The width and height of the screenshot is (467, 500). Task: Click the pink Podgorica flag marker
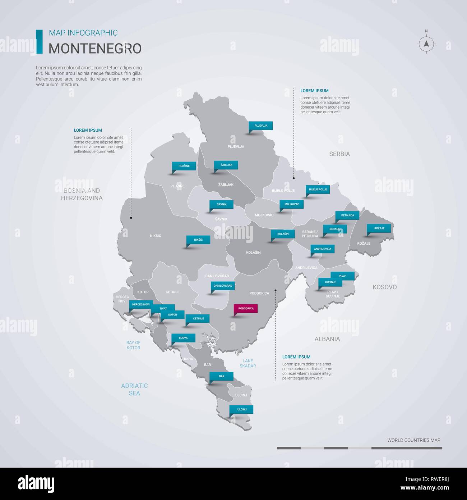click(x=246, y=309)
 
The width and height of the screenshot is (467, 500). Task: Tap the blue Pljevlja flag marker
click(x=261, y=126)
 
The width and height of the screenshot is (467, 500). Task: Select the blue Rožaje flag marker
click(x=379, y=228)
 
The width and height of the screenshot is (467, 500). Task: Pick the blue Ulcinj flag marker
click(x=242, y=409)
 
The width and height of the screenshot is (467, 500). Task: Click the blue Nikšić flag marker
click(x=198, y=240)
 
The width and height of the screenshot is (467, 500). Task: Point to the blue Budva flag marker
click(x=183, y=338)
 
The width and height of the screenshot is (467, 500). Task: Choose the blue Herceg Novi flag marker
click(x=141, y=305)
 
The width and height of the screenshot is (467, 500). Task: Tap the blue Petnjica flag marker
click(x=347, y=215)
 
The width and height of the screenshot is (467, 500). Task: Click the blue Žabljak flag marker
click(x=226, y=165)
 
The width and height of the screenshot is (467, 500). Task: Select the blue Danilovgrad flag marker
click(x=223, y=286)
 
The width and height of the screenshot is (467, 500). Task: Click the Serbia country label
click(x=339, y=154)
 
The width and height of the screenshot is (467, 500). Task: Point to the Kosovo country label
click(x=384, y=287)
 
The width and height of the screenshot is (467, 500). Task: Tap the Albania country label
click(x=327, y=339)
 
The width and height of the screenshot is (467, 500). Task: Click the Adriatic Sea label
click(x=134, y=389)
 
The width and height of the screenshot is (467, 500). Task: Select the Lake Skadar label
click(x=248, y=363)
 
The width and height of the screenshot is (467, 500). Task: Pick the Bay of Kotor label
click(x=133, y=345)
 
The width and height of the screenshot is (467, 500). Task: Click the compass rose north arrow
click(x=426, y=44)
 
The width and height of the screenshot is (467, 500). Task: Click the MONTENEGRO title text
click(x=95, y=48)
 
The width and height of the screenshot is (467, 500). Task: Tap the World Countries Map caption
click(x=413, y=440)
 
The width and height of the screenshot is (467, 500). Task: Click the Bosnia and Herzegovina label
click(x=82, y=194)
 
